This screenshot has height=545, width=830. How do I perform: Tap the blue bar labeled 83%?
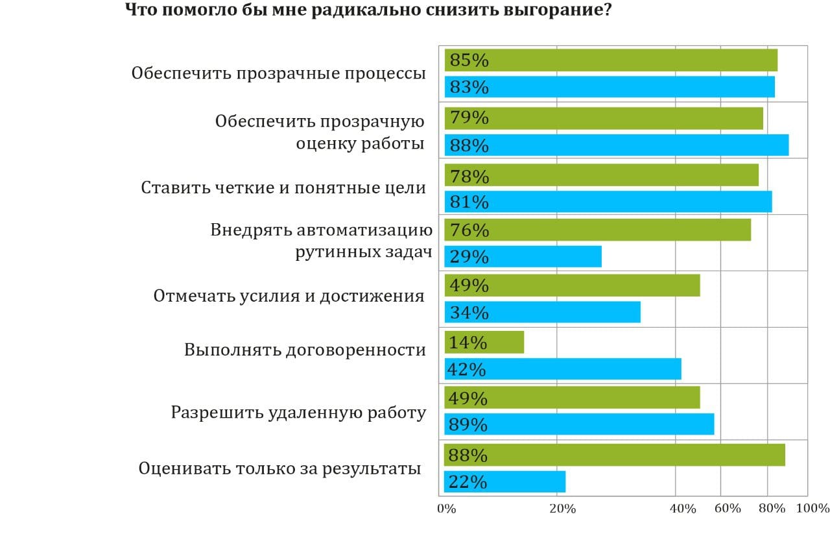pyautogui.click(x=610, y=87)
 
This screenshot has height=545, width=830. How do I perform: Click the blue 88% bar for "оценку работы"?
pyautogui.click(x=617, y=145)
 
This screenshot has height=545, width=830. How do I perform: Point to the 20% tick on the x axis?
pyautogui.click(x=562, y=509)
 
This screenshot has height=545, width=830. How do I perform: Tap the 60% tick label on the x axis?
pyautogui.click(x=728, y=509)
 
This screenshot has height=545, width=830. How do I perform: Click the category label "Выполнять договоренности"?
pyautogui.click(x=305, y=350)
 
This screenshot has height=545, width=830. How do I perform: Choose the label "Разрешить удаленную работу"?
pyautogui.click(x=298, y=413)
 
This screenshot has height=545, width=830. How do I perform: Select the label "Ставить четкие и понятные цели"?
pyautogui.click(x=283, y=188)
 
